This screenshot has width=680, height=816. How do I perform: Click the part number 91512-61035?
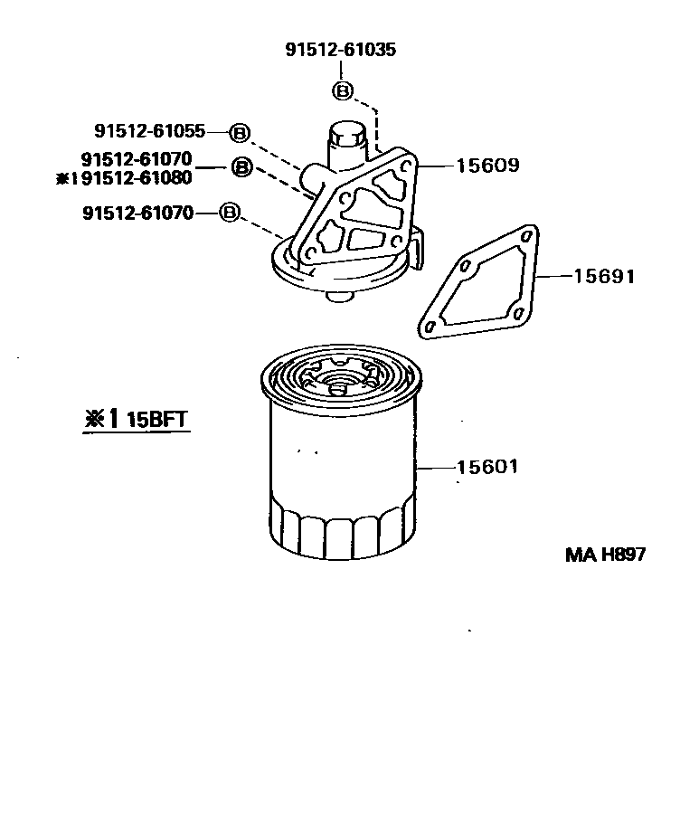[x=341, y=51]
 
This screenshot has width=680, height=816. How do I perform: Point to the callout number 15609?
[x=487, y=166]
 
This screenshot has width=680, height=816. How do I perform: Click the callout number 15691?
[x=603, y=276]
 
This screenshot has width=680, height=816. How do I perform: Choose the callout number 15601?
[x=487, y=467]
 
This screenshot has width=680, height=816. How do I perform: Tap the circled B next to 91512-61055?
[x=238, y=132]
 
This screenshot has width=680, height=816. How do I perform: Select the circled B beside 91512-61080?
[x=241, y=167]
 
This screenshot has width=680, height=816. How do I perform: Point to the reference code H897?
[x=622, y=555]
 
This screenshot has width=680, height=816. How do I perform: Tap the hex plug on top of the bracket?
[x=345, y=139]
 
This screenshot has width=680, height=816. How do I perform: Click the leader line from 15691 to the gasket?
[x=553, y=275]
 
